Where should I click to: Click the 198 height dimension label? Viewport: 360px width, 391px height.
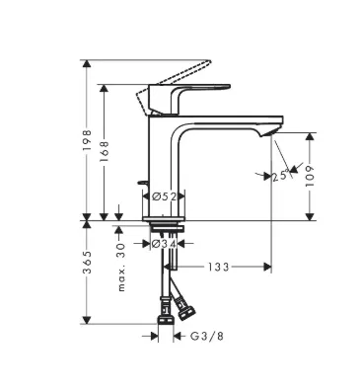tap(87, 140)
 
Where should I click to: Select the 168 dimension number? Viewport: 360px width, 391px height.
tap(104, 151)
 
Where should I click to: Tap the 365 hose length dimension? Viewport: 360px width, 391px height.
tap(87, 263)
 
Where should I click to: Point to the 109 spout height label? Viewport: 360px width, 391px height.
tap(310, 176)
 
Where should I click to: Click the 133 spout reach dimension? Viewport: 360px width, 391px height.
tap(218, 267)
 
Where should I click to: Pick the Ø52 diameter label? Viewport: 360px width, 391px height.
tap(164, 196)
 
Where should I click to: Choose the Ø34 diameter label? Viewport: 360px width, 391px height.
tap(164, 244)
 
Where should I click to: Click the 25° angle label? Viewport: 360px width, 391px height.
tap(281, 176)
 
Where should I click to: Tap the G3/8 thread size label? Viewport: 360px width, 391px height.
tap(207, 336)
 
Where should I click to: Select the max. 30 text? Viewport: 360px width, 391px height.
tap(121, 267)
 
